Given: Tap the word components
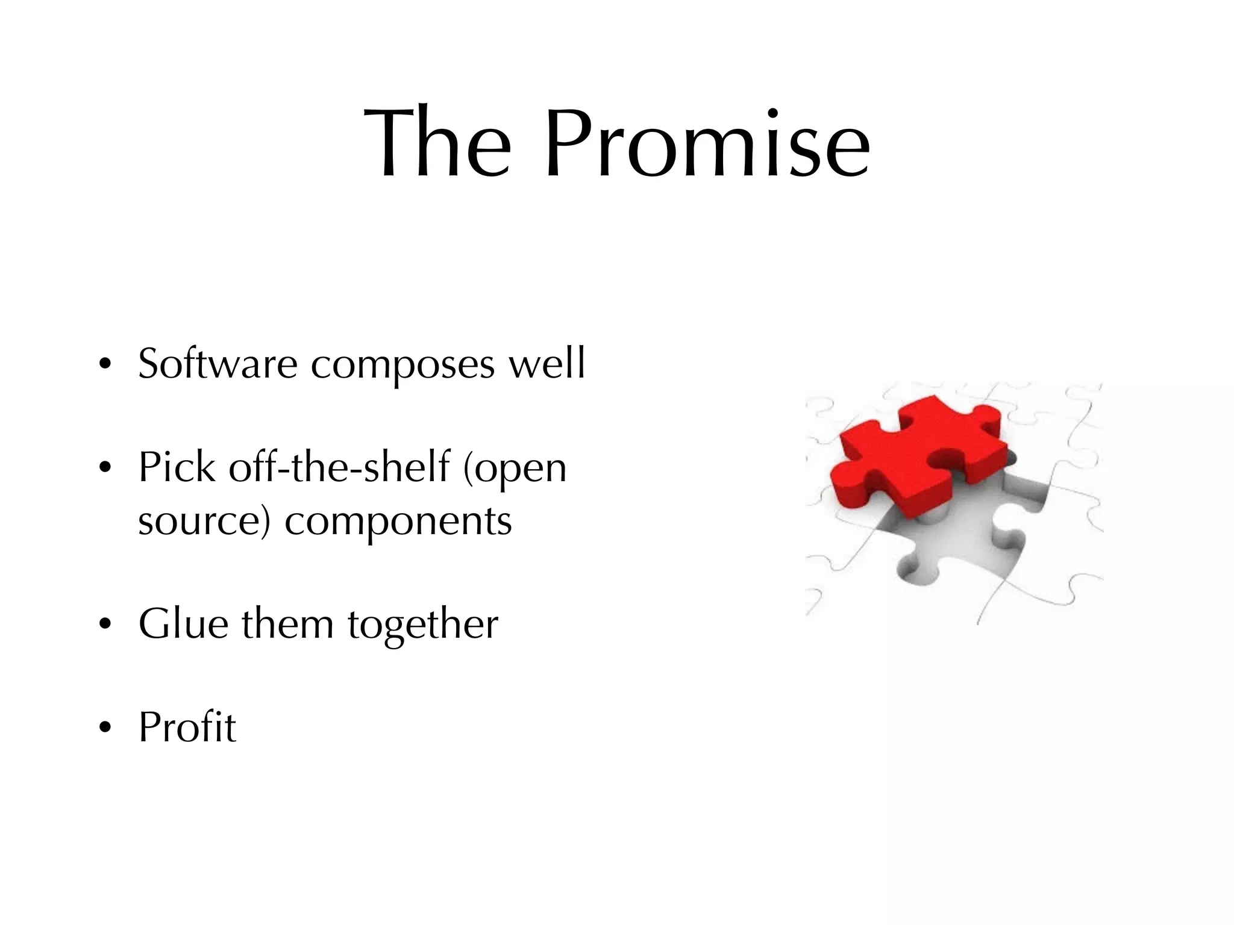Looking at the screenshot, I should click(398, 522).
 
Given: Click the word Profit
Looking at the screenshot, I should click(187, 727).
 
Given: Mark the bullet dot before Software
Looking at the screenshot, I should click(105, 365).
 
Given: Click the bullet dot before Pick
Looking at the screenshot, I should click(105, 468).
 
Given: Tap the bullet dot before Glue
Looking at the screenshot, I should click(105, 625).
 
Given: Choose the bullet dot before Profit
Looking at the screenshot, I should click(105, 728).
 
